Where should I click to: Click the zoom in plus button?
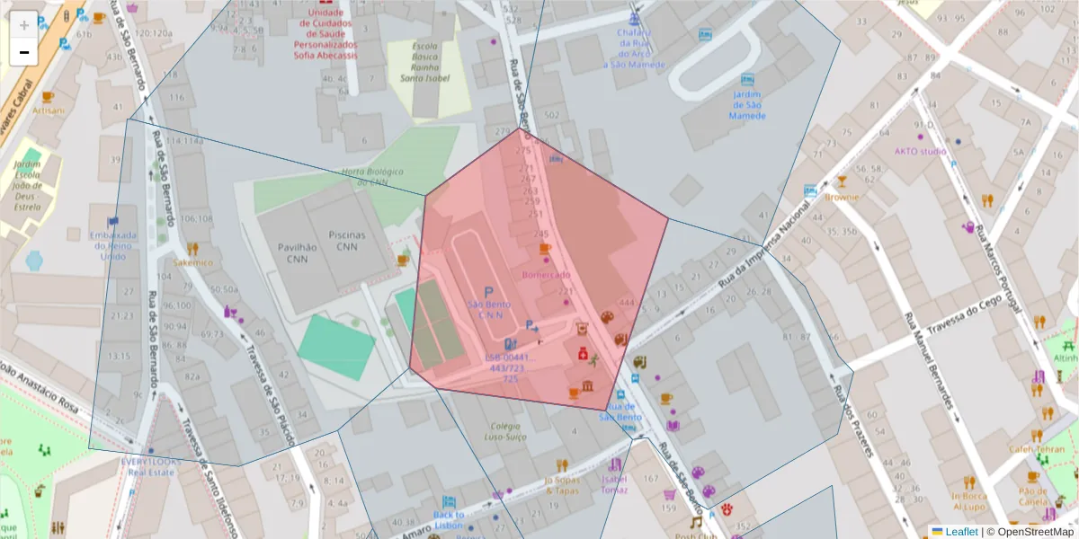(24, 25)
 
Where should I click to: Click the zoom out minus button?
(24, 52)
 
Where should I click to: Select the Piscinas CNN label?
(347, 241)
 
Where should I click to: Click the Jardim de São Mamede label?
(746, 105)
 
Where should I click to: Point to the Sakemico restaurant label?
(193, 262)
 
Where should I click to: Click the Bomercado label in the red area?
(546, 274)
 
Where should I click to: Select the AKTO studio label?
(920, 151)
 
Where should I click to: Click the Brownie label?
(842, 197)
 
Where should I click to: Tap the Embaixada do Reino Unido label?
(113, 246)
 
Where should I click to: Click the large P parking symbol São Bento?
(489, 293)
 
